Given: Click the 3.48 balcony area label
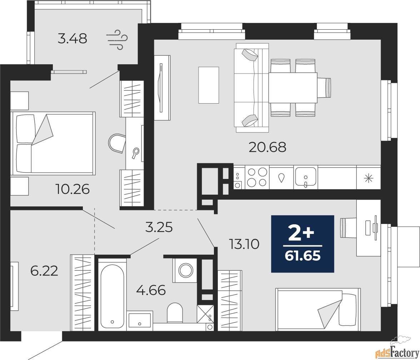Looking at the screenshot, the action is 72,39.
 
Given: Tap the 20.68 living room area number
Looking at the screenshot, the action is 267,147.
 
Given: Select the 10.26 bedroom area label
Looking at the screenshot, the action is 72,190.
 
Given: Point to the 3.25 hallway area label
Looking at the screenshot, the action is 159,228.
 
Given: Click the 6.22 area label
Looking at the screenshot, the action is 44,271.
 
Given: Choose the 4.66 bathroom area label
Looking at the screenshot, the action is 151,290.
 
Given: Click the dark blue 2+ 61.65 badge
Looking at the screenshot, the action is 303,244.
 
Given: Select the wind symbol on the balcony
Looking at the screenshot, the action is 117,40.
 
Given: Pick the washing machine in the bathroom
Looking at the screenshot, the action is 185,270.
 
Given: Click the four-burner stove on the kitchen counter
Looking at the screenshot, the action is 257,177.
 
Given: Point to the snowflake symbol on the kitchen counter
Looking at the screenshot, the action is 369,179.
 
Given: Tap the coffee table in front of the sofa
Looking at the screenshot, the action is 209,85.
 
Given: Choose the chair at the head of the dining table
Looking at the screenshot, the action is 324,87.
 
